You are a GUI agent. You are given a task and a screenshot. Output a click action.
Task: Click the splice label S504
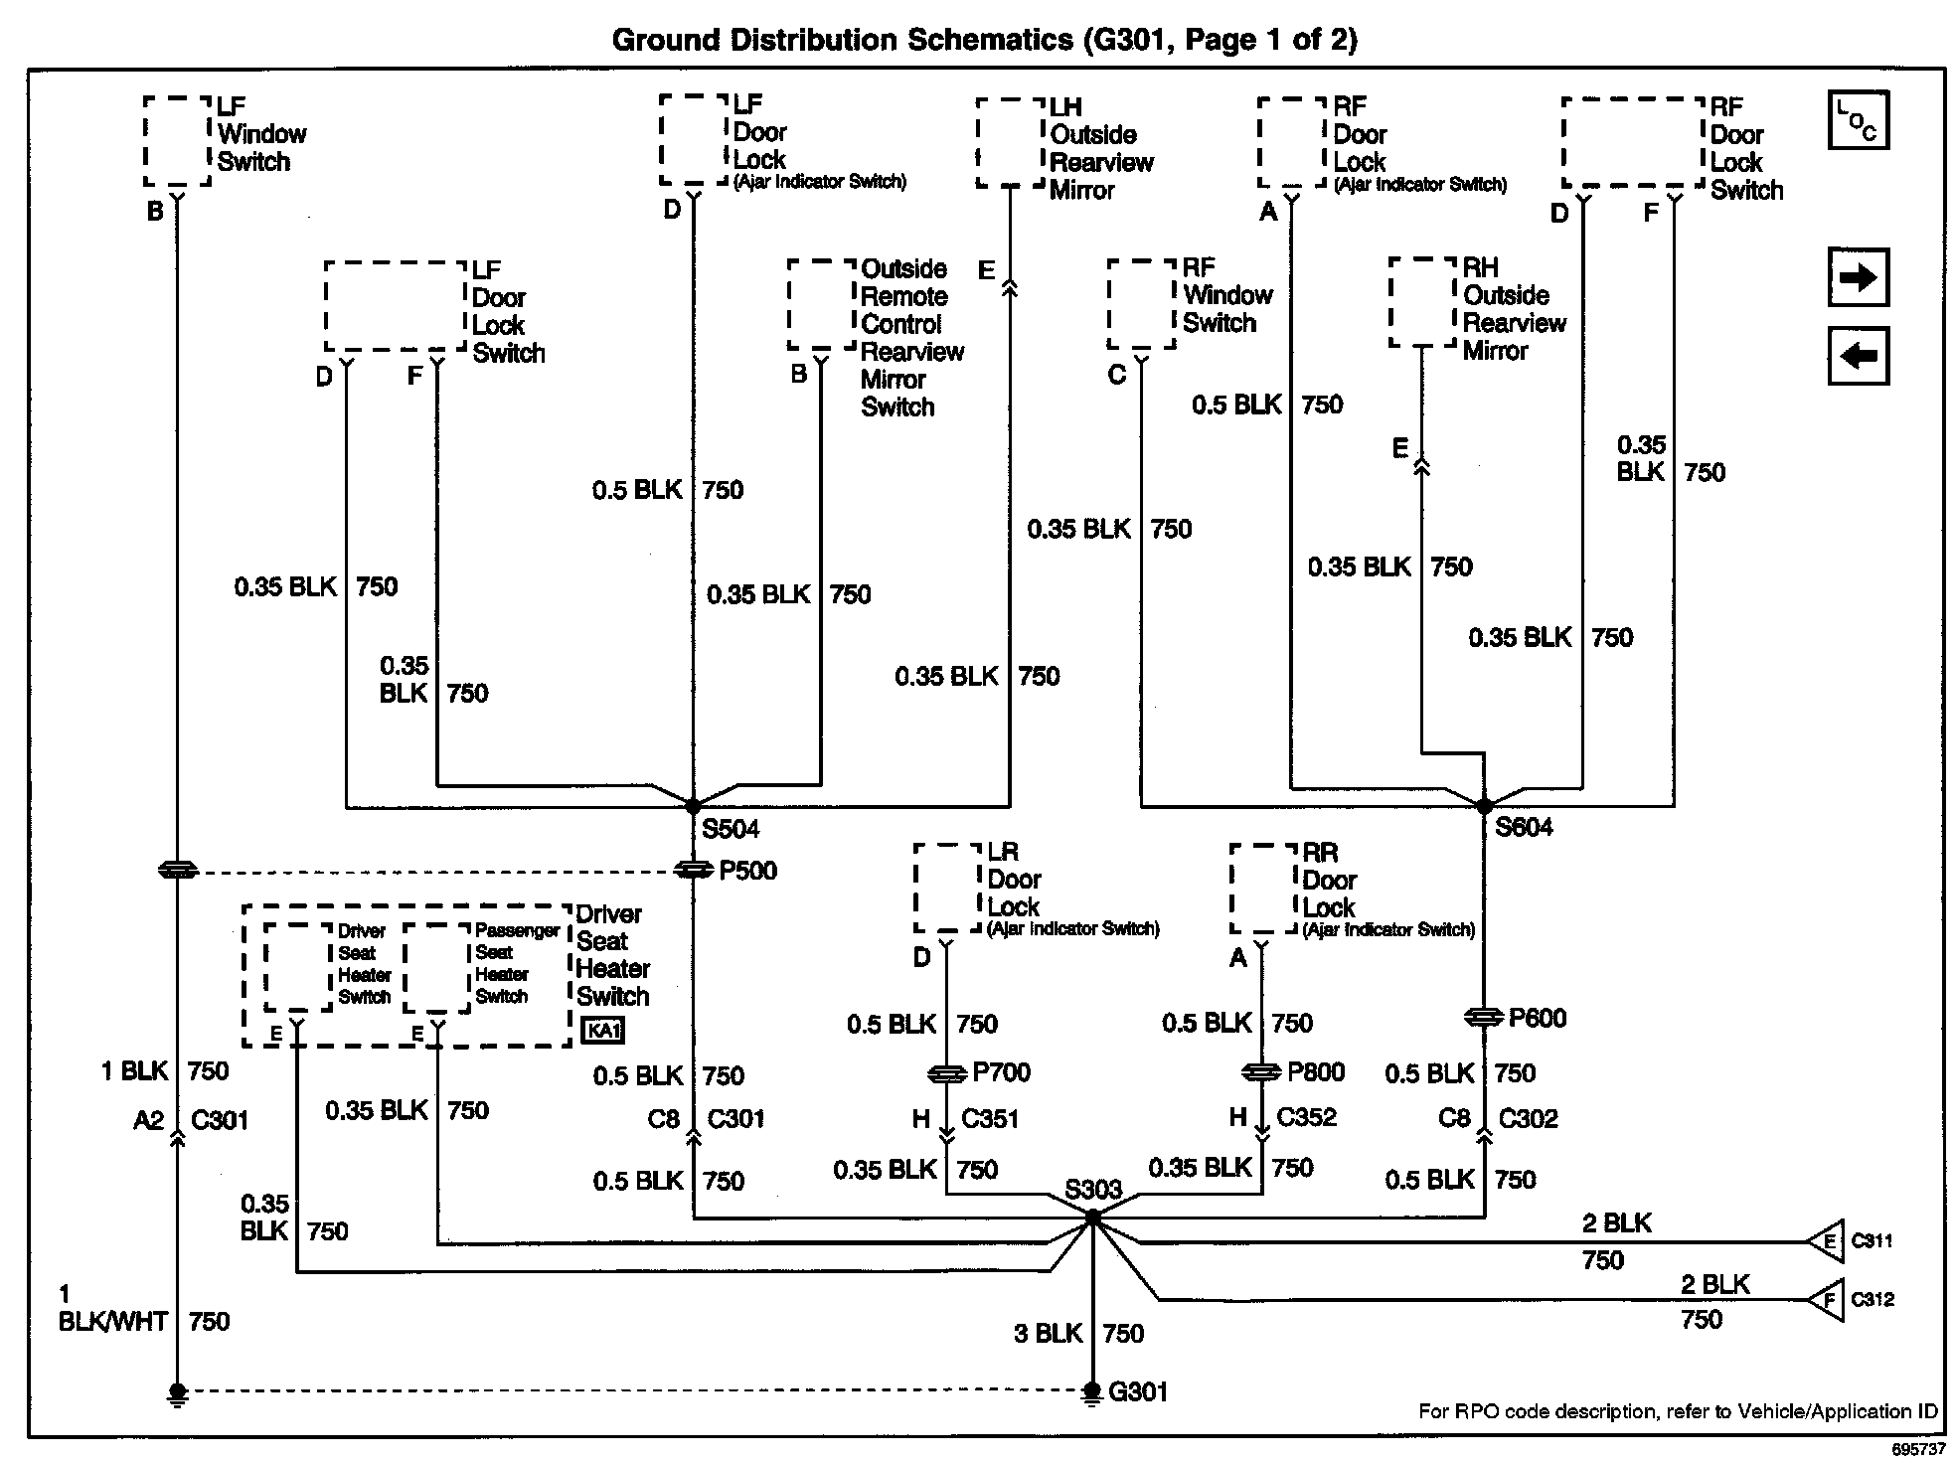(731, 829)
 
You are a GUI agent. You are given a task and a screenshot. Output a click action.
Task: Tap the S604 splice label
(1524, 827)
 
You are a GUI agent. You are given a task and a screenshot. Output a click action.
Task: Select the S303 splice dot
(1092, 1217)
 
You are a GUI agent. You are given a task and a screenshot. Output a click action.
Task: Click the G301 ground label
(1137, 1391)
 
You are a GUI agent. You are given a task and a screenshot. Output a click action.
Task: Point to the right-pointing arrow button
(1858, 277)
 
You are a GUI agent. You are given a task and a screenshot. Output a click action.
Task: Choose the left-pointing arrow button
(1858, 356)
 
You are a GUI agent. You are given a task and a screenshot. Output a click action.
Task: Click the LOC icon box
(1858, 121)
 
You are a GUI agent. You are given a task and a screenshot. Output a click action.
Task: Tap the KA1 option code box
(603, 1031)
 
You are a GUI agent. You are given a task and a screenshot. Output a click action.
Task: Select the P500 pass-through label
(748, 871)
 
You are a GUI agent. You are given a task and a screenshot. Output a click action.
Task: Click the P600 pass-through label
(1538, 1018)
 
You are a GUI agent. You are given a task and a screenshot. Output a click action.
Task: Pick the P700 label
(1001, 1072)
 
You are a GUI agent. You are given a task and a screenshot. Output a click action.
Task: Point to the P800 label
(1316, 1071)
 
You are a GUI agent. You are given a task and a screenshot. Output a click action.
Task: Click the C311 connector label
(1872, 1240)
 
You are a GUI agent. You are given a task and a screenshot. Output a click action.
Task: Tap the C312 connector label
(1873, 1299)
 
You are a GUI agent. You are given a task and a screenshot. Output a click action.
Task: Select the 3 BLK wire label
(1048, 1334)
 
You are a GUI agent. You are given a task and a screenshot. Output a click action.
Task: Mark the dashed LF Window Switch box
(177, 141)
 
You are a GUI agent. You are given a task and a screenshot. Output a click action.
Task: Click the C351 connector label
(990, 1119)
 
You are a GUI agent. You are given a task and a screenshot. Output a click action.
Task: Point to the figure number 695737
(1917, 1450)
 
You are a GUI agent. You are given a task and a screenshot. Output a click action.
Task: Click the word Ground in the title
(665, 40)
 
